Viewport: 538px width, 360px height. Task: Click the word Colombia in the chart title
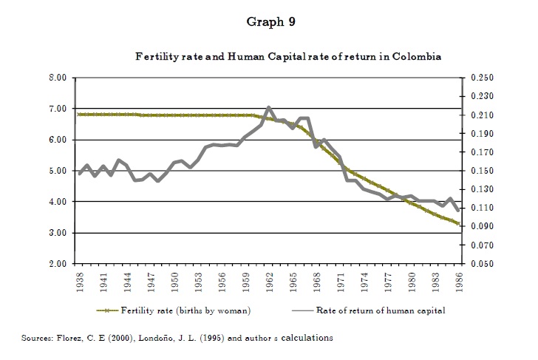(x=418, y=57)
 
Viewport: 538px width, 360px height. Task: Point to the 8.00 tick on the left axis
(x=58, y=78)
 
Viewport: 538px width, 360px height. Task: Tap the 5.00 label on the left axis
(x=58, y=171)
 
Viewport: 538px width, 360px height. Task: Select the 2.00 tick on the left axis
(x=58, y=264)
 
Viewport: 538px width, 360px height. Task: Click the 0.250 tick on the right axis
(x=480, y=78)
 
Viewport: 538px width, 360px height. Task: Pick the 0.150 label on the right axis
(x=480, y=171)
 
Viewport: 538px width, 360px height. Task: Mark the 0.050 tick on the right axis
(x=480, y=264)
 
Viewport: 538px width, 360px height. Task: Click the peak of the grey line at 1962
(x=269, y=108)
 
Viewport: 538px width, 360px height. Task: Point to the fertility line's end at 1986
(x=458, y=223)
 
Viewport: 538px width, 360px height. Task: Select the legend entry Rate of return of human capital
(x=381, y=310)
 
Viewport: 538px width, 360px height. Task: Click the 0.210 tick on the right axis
(x=480, y=115)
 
